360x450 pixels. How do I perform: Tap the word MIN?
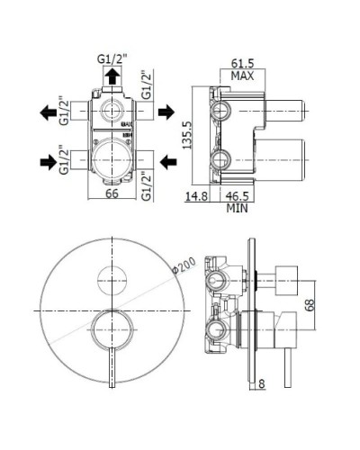238,206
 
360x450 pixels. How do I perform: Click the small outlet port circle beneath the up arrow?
112,112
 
